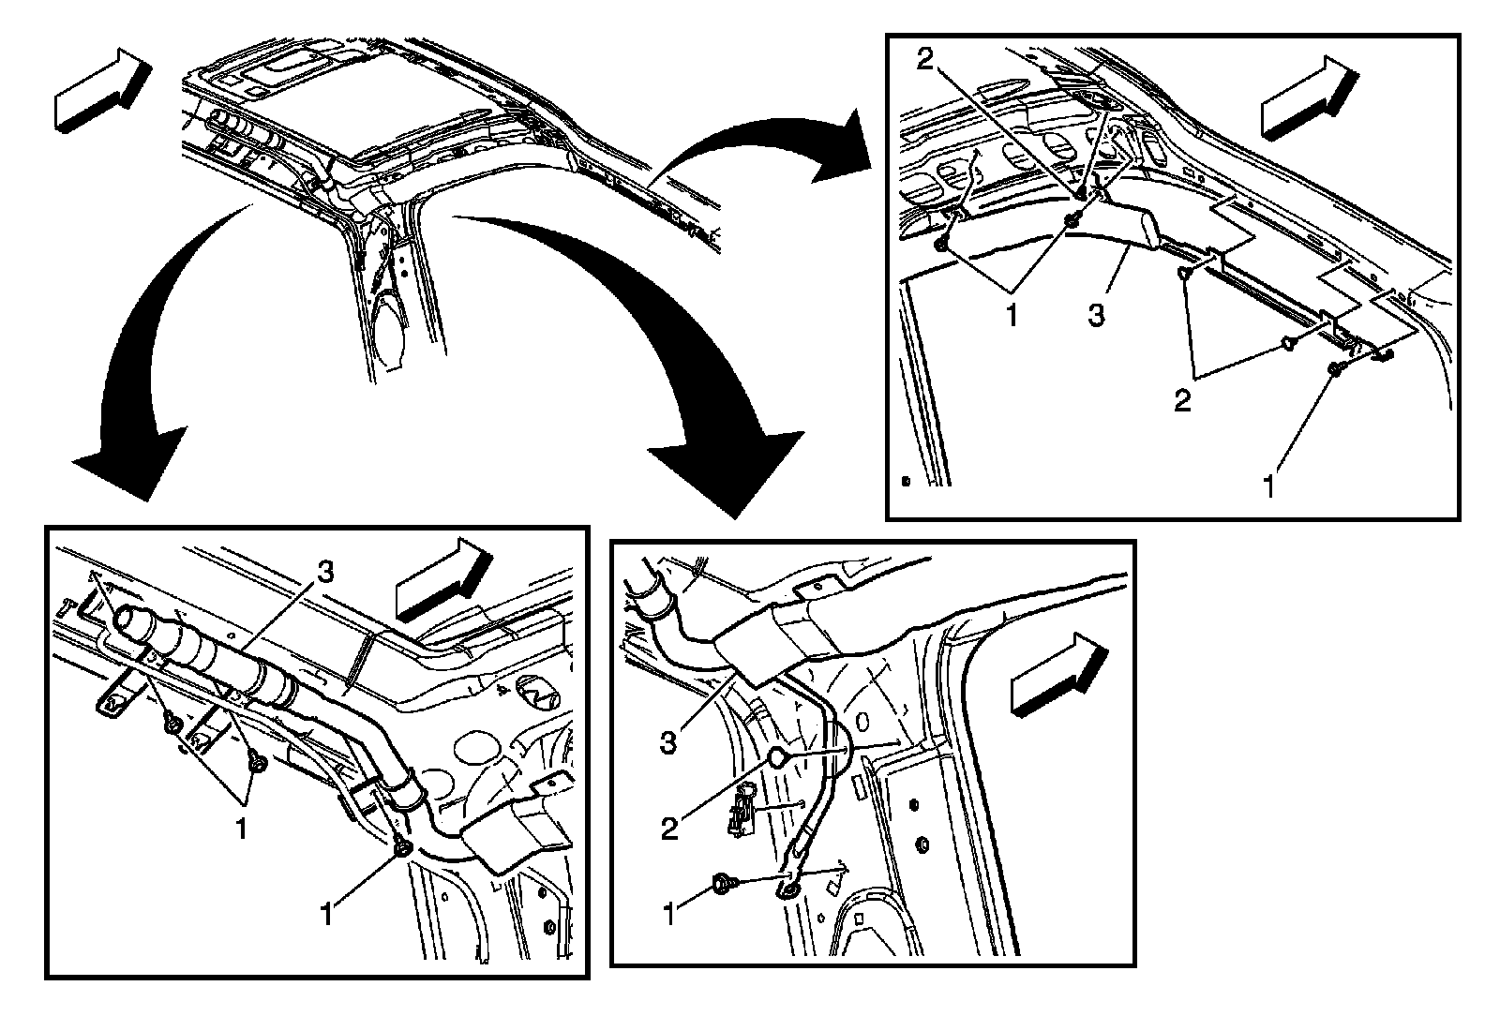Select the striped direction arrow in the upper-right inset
pos(1309,96)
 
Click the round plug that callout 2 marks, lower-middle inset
pos(779,757)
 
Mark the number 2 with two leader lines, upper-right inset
pos(1183,400)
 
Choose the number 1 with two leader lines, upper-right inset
pos(1012,315)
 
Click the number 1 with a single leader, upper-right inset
pos(1270,486)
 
